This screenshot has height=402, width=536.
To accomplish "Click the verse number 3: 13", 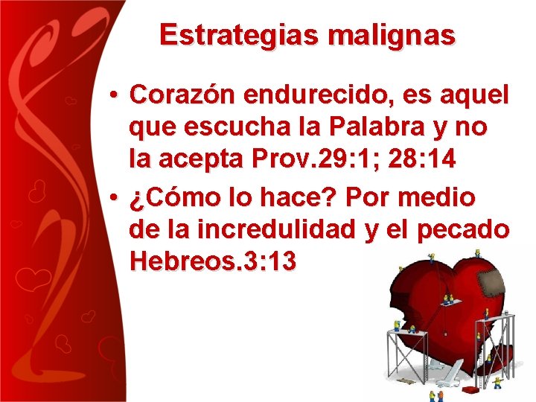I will pos(270,261).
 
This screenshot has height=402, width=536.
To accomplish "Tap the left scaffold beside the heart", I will pos(406,351).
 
